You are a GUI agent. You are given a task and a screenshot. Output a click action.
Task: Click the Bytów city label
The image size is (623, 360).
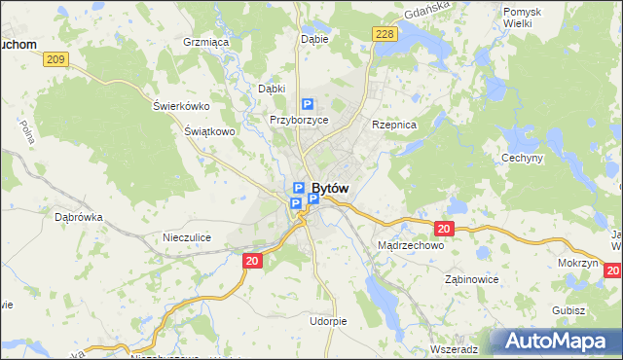coord(330,188)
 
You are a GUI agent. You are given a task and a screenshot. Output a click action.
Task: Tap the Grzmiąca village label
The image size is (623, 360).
coord(205,43)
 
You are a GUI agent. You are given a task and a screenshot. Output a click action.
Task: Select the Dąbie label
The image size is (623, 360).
coord(314,40)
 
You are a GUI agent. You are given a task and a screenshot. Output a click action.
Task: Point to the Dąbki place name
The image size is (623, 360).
coord(271,89)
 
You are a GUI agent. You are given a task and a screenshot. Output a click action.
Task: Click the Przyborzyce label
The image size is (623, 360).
coord(299,120)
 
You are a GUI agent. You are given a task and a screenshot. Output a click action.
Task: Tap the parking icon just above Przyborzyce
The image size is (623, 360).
coord(308,104)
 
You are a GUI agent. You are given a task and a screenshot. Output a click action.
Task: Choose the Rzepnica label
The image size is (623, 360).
coord(394,126)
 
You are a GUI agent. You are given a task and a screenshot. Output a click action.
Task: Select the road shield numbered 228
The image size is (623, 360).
coord(385,34)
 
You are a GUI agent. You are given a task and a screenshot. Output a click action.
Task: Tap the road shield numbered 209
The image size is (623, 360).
coord(55,60)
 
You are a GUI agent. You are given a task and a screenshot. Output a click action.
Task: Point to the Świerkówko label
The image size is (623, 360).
coord(181,106)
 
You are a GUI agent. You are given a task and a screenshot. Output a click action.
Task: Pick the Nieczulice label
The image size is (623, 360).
coord(187,237)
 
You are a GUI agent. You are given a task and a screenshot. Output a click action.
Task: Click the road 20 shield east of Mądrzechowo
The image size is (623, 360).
coord(445,229)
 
